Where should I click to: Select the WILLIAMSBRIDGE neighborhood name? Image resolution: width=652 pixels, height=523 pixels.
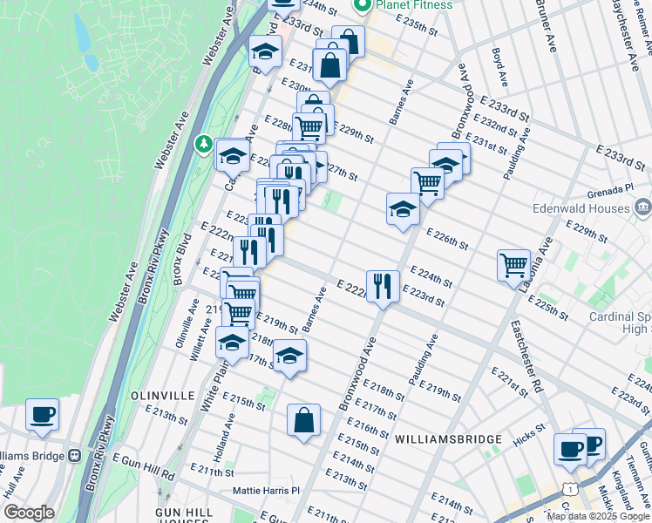(x=447, y=438)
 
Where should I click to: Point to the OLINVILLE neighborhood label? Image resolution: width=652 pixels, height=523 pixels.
(x=162, y=395)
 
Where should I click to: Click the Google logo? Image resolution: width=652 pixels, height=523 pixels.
(x=29, y=513)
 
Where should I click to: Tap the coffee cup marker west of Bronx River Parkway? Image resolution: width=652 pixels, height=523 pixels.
(x=42, y=415)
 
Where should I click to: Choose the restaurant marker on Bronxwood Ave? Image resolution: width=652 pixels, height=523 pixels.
(x=383, y=286)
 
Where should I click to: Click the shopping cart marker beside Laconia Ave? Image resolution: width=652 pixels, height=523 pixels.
(x=513, y=264)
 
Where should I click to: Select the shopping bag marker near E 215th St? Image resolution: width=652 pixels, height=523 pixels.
(x=303, y=420)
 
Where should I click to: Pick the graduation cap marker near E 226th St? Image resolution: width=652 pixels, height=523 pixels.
(x=402, y=209)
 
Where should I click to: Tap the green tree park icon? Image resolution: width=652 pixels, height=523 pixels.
(x=203, y=141)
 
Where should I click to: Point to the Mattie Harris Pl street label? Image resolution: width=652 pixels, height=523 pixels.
(x=266, y=491)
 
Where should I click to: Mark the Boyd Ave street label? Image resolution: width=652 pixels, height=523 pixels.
(x=499, y=58)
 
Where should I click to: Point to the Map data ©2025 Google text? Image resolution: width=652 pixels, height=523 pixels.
(x=598, y=515)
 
